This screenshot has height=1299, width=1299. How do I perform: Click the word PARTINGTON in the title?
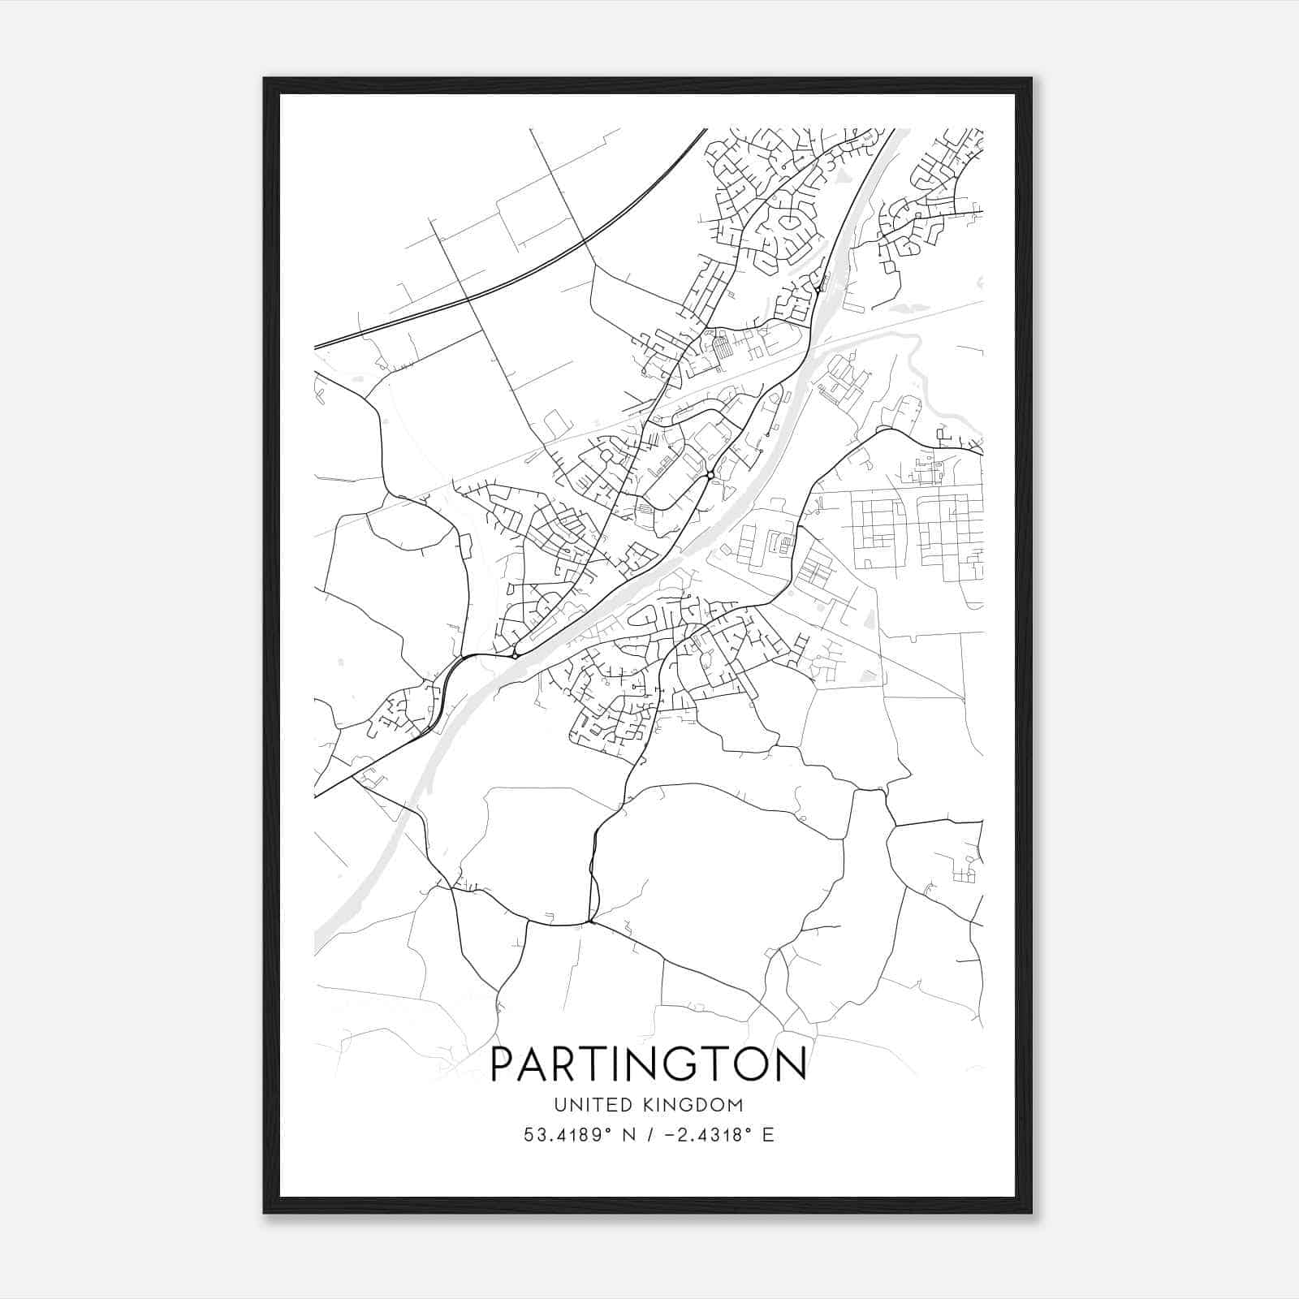[x=649, y=1064]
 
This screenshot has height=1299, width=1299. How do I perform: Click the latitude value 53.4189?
[x=563, y=1135]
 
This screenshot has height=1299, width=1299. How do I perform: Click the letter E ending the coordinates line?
[x=768, y=1135]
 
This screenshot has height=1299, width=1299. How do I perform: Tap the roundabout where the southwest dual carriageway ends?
[x=515, y=654]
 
